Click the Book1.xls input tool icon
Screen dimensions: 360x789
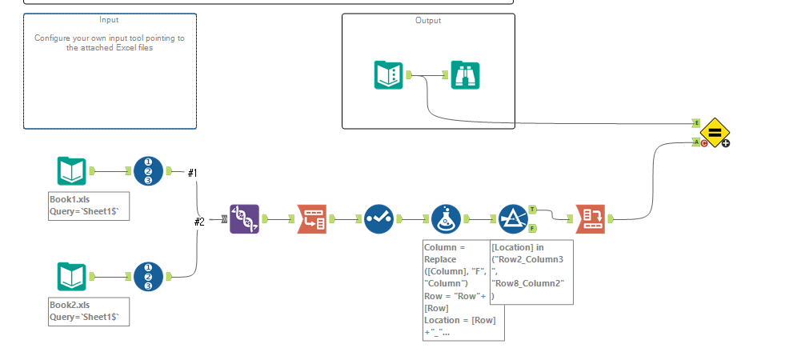[71, 170]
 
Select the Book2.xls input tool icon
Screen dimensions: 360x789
[71, 277]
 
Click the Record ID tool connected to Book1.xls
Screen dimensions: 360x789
[148, 170]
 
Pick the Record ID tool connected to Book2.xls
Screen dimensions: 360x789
[148, 277]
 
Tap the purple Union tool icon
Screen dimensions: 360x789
[245, 218]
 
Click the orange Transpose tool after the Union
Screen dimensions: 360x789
[311, 218]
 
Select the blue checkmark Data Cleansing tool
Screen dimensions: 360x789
[378, 218]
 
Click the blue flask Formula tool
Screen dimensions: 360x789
[446, 218]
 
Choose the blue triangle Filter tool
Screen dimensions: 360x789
[513, 218]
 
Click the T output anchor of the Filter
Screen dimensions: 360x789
[533, 209]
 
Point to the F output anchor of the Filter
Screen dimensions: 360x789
[532, 228]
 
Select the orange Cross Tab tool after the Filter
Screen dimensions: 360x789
[591, 218]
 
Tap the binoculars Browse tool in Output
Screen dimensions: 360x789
[465, 75]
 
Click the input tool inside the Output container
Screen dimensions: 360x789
[389, 75]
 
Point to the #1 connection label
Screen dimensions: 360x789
[192, 173]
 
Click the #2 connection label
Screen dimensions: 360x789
[199, 222]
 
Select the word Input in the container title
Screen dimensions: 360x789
[110, 19]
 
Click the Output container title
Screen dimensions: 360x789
[427, 21]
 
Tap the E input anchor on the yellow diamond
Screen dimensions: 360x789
[696, 122]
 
